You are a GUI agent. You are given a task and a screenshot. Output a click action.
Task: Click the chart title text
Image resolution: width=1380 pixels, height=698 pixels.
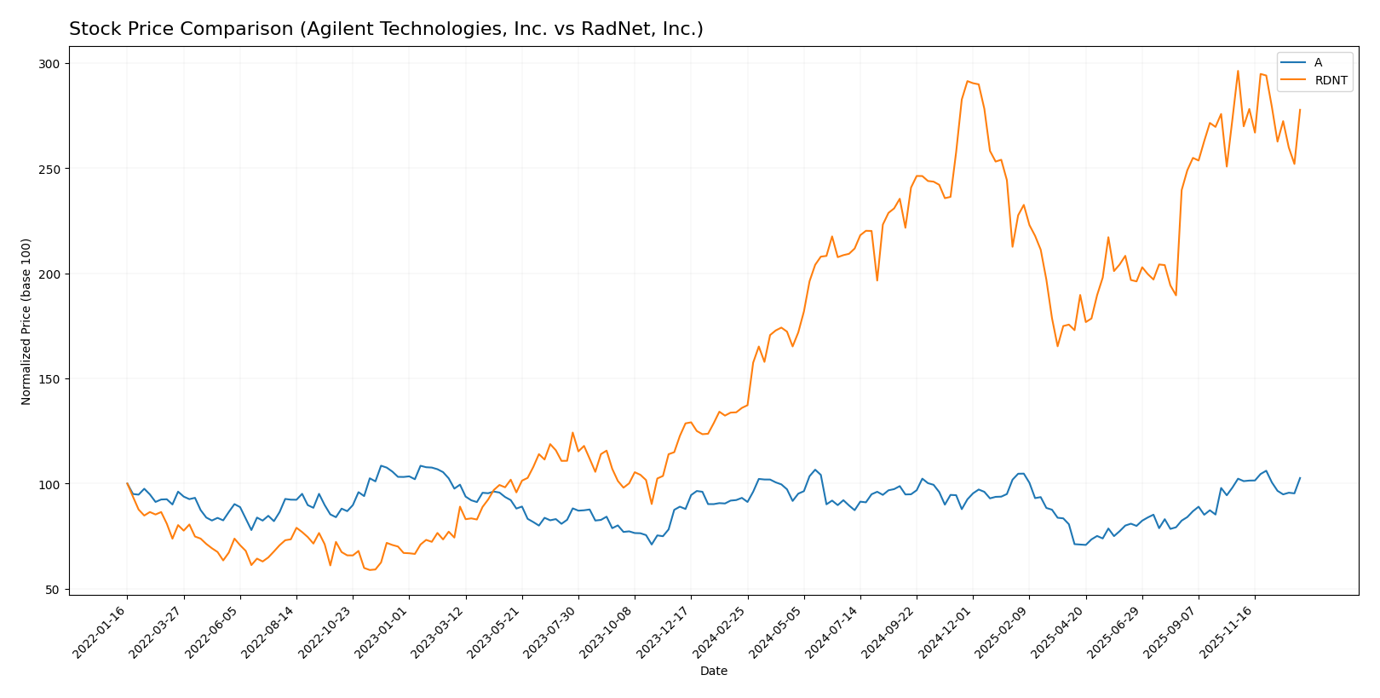pyautogui.click(x=386, y=29)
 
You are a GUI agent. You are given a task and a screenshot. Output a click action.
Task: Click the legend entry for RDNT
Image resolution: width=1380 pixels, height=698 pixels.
pyautogui.click(x=1331, y=81)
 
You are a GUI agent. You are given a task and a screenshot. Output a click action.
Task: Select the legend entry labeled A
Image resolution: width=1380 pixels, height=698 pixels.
pyautogui.click(x=1318, y=63)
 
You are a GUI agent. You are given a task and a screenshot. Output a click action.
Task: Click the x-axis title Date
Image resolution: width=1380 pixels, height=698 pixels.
pyautogui.click(x=713, y=672)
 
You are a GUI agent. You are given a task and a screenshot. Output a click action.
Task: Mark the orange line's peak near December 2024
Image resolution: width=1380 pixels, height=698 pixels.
pyautogui.click(x=968, y=82)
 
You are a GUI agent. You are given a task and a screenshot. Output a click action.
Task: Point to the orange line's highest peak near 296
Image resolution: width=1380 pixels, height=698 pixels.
pyautogui.click(x=1238, y=71)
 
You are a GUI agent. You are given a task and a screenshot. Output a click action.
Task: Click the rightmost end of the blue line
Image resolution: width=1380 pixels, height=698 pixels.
pyautogui.click(x=1300, y=478)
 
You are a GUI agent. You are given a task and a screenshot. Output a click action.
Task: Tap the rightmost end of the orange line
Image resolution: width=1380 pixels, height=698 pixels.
pyautogui.click(x=1300, y=109)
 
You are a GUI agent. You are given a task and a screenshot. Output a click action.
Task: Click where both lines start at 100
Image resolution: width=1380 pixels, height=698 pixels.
pyautogui.click(x=128, y=483)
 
